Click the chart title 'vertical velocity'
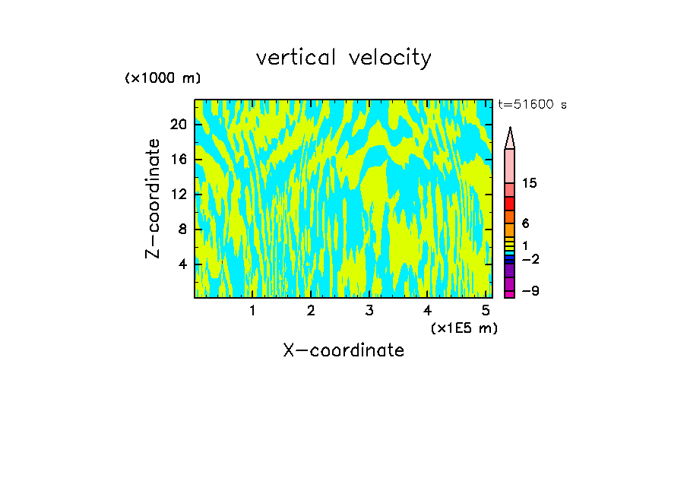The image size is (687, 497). coord(343,58)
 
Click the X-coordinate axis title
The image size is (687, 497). coord(343,350)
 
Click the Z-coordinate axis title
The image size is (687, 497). coord(154,198)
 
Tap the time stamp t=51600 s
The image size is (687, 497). coord(532,105)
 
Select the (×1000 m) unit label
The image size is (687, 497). coord(163,78)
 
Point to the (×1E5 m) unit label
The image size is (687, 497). coord(464,328)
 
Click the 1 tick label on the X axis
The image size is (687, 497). coord(252,311)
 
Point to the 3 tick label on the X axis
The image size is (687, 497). coord(369,311)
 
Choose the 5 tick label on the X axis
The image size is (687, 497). coord(486,311)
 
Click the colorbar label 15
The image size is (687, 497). coord(530,184)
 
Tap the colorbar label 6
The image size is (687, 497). coord(526,223)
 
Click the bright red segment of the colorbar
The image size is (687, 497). coord(510,204)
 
